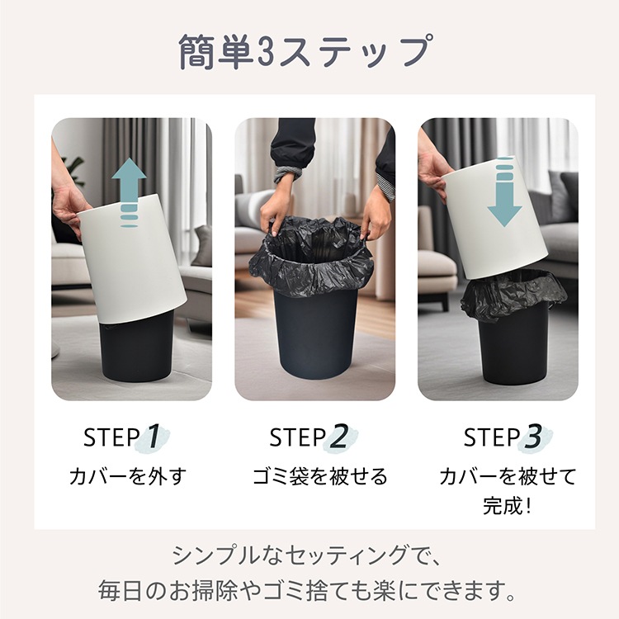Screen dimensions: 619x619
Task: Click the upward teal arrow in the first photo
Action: pos(129,192)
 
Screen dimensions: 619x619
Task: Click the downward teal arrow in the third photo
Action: pos(503,191)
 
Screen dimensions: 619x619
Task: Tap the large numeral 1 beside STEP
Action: pos(154,437)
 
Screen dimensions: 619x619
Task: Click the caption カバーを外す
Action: pos(128,476)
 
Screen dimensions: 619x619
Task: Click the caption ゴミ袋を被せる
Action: pos(320,476)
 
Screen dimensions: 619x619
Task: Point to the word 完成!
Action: pos(507,505)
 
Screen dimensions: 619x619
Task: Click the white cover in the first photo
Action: pos(132,258)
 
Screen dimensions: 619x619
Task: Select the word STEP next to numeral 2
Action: pos(298,437)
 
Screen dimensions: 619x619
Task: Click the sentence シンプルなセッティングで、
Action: pos(307,555)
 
